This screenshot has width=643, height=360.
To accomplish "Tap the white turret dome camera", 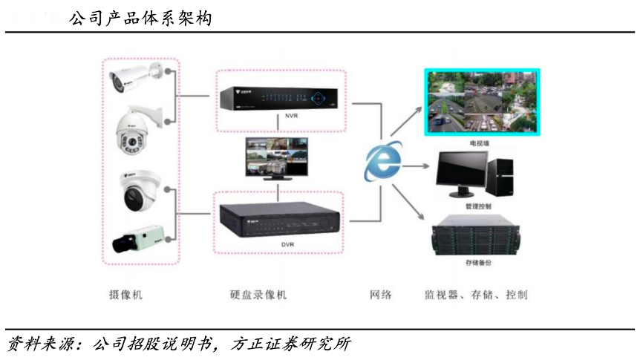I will pos(139,191).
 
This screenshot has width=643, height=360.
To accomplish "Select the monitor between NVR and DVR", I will pos(276,158).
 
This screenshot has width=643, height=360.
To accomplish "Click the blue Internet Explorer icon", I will pos(383,162).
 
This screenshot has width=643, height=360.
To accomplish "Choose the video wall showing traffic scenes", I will pos(481,102).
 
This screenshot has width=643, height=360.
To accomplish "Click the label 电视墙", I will pos(480,142).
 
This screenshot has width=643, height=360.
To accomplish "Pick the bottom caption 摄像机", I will pos(125,295).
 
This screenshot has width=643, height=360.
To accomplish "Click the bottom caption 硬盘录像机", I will pos(258,295).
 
